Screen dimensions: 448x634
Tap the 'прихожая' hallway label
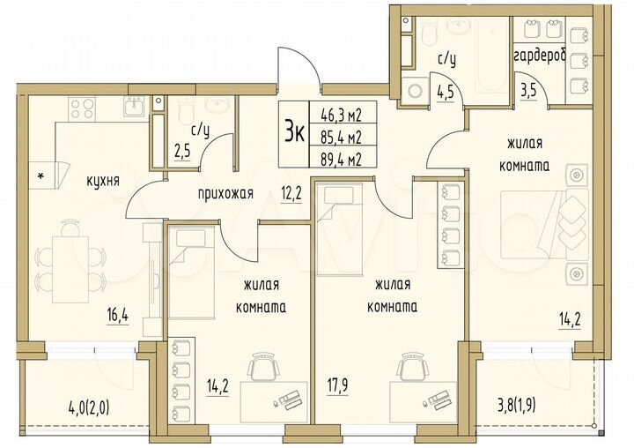[x=225, y=193]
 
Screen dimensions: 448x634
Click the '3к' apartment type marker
[x=295, y=132]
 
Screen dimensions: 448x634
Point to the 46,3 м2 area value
[x=347, y=113]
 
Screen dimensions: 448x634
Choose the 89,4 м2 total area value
[x=347, y=159]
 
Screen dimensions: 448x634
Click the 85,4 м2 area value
[x=347, y=136]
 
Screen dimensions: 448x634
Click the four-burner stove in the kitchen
[x=82, y=108]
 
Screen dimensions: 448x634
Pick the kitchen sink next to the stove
[x=134, y=108]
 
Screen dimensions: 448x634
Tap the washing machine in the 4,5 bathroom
[x=414, y=89]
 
